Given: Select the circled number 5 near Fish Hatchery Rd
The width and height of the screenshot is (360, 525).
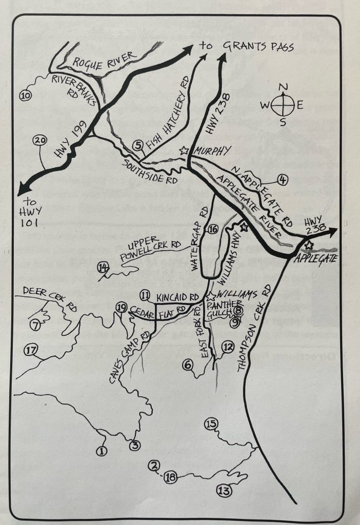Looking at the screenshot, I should (137, 146).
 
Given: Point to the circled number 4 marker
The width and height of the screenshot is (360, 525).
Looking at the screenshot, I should (283, 179).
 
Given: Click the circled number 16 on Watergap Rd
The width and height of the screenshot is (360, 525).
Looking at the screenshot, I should (213, 229).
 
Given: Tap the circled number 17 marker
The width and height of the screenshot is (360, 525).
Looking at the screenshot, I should (31, 351).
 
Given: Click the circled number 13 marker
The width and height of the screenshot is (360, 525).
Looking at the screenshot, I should (224, 491).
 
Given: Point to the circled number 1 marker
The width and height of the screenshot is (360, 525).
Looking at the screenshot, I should (101, 451).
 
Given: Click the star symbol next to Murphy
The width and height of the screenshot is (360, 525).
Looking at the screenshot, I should (184, 151).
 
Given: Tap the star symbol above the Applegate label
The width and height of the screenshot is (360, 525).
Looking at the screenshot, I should (309, 246).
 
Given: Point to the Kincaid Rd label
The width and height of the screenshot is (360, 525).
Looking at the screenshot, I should (177, 297).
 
